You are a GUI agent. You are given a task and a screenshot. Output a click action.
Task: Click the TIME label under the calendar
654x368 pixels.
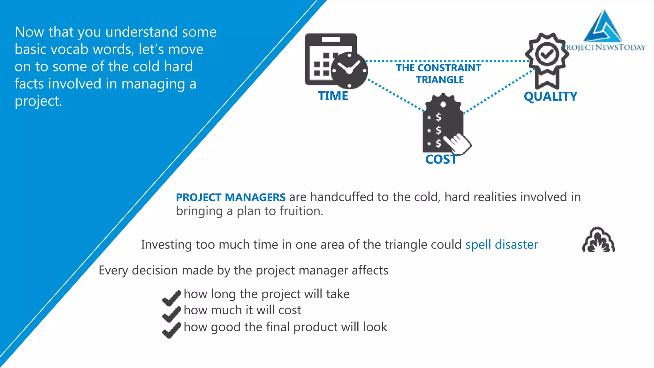(333, 96)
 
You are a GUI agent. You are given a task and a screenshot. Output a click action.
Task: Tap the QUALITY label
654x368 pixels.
(551, 96)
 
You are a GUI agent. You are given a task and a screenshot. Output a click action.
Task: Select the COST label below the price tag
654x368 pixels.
(441, 159)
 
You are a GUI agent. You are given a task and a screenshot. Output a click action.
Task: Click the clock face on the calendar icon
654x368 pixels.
(349, 70)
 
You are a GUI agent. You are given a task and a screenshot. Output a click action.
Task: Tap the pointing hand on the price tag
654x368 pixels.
(459, 143)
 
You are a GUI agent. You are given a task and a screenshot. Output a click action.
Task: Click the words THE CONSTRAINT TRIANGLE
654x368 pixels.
(439, 74)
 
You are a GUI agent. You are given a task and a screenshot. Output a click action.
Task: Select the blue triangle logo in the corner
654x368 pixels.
(602, 27)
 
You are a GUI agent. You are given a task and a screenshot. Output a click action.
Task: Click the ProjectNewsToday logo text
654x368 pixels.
(605, 48)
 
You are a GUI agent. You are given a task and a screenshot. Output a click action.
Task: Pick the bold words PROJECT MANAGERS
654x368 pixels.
(231, 197)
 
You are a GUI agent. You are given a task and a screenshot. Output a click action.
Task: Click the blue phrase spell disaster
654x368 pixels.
(501, 245)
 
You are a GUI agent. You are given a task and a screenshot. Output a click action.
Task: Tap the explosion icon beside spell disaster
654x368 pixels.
(598, 240)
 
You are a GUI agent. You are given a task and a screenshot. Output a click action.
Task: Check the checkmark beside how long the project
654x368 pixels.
(171, 297)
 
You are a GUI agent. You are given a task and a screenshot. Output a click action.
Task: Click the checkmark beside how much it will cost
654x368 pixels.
(171, 314)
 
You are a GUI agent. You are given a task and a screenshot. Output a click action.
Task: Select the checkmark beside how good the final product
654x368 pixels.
(171, 330)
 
